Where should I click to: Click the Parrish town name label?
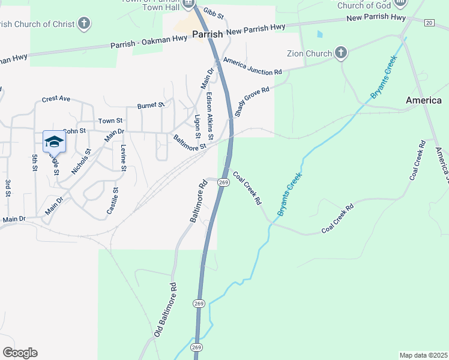(x=208, y=34)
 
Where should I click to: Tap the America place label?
(x=424, y=100)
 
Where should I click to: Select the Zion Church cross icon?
(x=341, y=53)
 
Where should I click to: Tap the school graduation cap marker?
(x=54, y=142)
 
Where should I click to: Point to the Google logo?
(x=20, y=353)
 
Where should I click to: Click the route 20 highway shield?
(x=428, y=22)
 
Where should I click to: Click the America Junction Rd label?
(x=252, y=67)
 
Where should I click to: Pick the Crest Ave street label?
(x=56, y=99)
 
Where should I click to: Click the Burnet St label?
(x=151, y=105)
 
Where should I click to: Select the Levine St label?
(x=123, y=158)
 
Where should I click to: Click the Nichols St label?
(x=80, y=161)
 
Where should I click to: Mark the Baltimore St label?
(x=190, y=142)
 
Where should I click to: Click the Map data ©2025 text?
(x=423, y=355)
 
